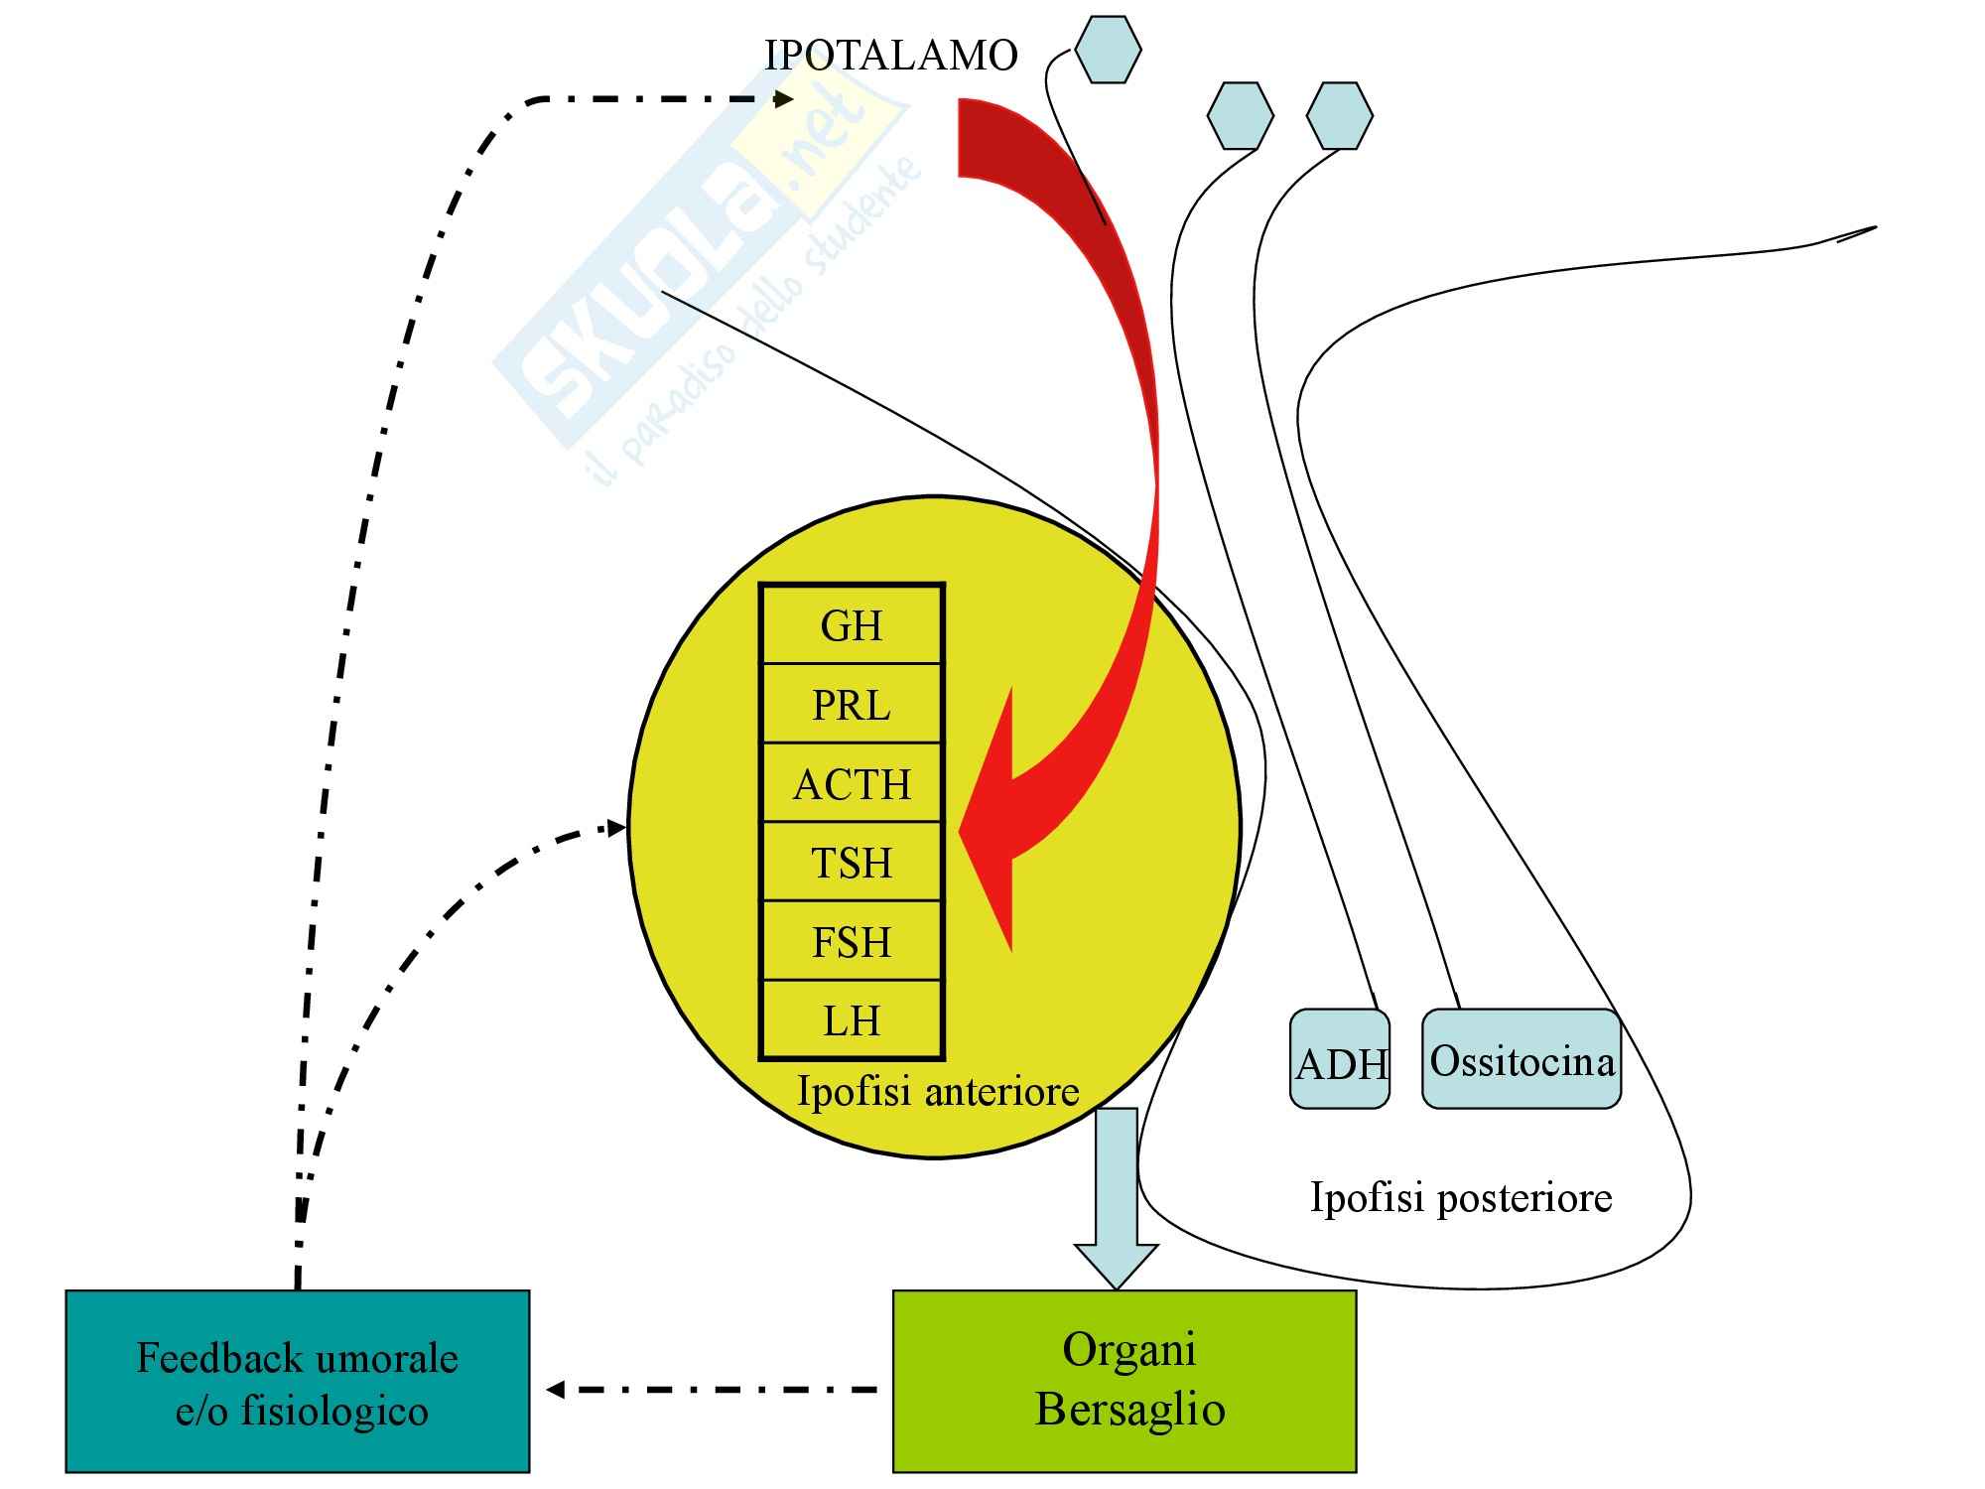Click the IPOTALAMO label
click(x=890, y=56)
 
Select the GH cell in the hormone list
click(x=852, y=625)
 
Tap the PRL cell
click(x=852, y=705)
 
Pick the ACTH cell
click(x=852, y=784)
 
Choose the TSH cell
click(x=852, y=863)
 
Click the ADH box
click(x=1340, y=1060)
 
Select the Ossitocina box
click(x=1522, y=1059)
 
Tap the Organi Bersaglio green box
click(x=1125, y=1381)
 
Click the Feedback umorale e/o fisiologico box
click(x=298, y=1381)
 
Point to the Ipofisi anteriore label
click(x=938, y=1091)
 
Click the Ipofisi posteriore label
click(x=1461, y=1197)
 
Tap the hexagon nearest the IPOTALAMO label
click(x=1108, y=49)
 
